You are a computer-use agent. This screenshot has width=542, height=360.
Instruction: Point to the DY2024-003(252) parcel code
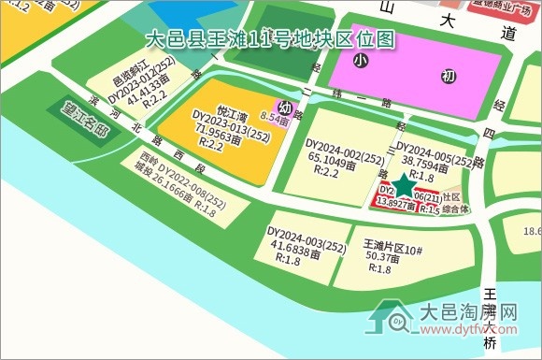coord(307,233)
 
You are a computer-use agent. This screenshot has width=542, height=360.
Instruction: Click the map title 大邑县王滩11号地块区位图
coord(270,38)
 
